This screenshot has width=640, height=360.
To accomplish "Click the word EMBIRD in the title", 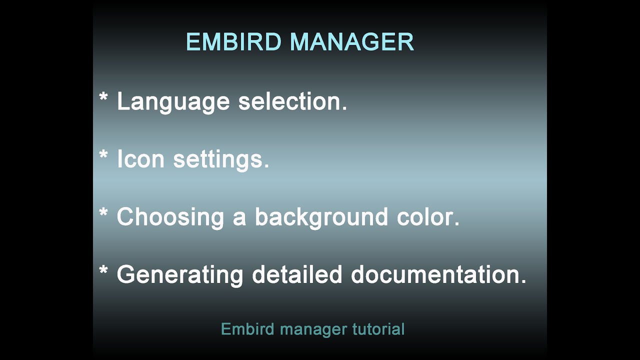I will click(x=233, y=42).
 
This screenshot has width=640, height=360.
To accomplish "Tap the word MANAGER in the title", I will click(x=351, y=42).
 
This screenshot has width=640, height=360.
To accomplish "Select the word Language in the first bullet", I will click(x=173, y=102).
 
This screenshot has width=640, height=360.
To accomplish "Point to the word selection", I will click(x=292, y=101).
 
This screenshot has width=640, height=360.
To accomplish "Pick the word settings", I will click(x=221, y=160).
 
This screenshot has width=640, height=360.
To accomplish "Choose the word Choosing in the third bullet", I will click(x=170, y=217).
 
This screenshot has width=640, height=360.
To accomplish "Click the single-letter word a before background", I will click(x=239, y=218).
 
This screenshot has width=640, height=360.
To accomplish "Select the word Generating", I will click(x=180, y=275).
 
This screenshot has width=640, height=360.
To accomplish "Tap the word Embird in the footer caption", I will click(x=247, y=329).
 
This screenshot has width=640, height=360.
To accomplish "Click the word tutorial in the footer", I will click(x=378, y=329).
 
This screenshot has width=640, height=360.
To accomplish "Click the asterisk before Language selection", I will click(x=103, y=97).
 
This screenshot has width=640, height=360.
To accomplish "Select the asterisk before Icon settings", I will click(x=103, y=154).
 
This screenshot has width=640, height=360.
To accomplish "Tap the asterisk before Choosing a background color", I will click(x=103, y=212).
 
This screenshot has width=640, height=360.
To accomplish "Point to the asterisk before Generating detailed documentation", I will click(x=103, y=270).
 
